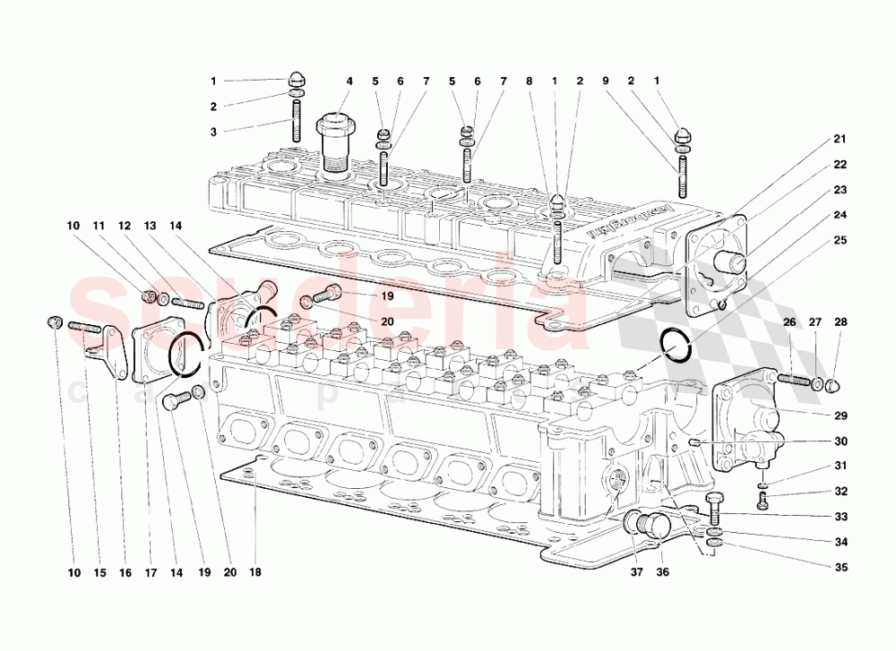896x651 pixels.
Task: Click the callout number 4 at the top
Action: (x=349, y=81)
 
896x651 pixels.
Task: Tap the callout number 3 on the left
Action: (x=213, y=132)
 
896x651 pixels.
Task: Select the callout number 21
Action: (x=840, y=139)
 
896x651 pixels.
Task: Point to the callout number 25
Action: (x=840, y=241)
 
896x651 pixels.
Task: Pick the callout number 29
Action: (x=840, y=416)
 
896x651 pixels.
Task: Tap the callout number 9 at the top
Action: (x=605, y=81)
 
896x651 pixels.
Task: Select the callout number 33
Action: (x=840, y=517)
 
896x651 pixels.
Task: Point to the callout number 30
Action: (x=840, y=441)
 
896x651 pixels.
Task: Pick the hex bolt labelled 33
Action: (x=714, y=509)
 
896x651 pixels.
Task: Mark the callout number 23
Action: (x=840, y=190)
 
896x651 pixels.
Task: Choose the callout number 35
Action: (x=840, y=567)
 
